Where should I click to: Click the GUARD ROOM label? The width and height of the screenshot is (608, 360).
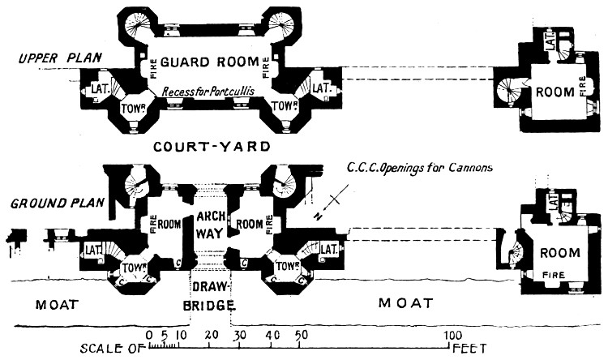click(209, 62)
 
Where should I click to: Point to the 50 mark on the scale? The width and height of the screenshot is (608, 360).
click(301, 335)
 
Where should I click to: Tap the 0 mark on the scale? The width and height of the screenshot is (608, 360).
click(148, 335)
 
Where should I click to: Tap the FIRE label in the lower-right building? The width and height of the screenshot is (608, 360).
click(554, 274)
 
